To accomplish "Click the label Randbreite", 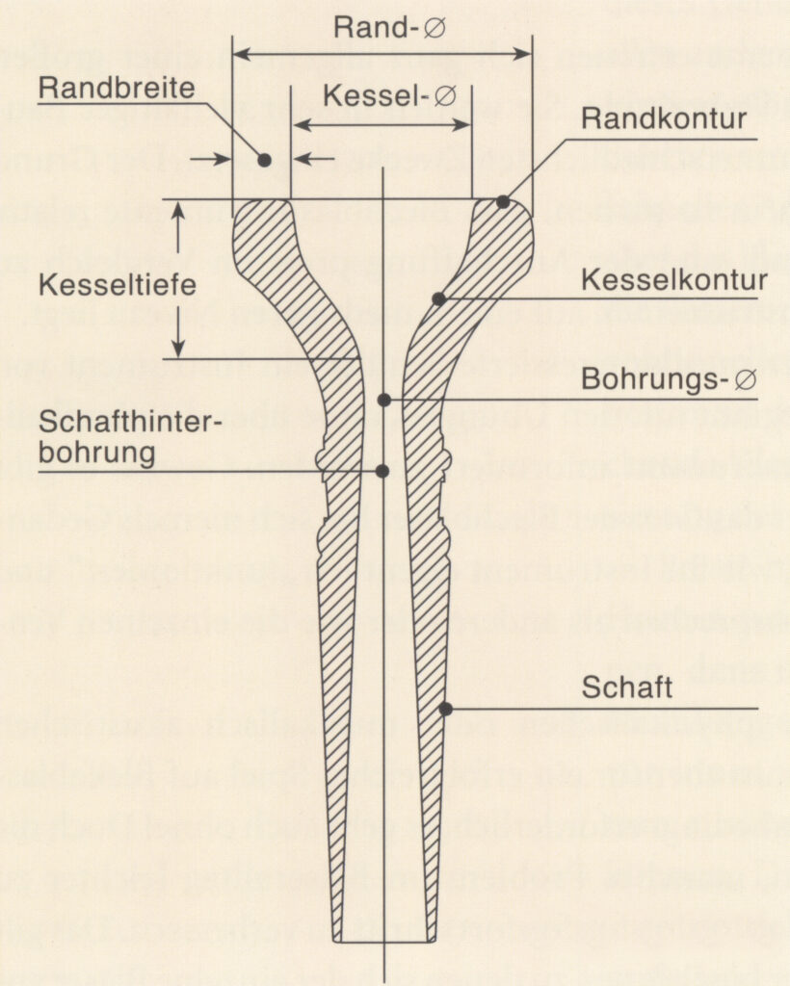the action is pyautogui.click(x=117, y=88).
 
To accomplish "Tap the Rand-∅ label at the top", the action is pyautogui.click(x=389, y=28).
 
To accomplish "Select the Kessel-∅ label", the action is pyautogui.click(x=389, y=96).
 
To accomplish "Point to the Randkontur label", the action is pyautogui.click(x=664, y=118).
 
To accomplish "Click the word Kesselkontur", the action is pyautogui.click(x=673, y=280).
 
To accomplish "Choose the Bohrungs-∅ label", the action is pyautogui.click(x=669, y=379).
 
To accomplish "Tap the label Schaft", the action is pyautogui.click(x=626, y=688).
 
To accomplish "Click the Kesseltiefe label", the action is pyautogui.click(x=117, y=285).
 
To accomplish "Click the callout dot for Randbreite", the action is pyautogui.click(x=265, y=160).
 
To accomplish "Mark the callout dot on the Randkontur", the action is pyautogui.click(x=503, y=202).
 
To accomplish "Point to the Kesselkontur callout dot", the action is pyautogui.click(x=439, y=299).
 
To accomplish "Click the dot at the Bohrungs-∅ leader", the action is pyautogui.click(x=384, y=400).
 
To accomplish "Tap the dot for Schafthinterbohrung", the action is pyautogui.click(x=382, y=471).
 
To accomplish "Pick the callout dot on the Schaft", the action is pyautogui.click(x=446, y=710).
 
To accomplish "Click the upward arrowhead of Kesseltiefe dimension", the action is pyautogui.click(x=178, y=211).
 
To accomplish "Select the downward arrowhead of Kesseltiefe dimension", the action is pyautogui.click(x=178, y=348).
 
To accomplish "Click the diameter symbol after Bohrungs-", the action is pyautogui.click(x=746, y=379).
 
